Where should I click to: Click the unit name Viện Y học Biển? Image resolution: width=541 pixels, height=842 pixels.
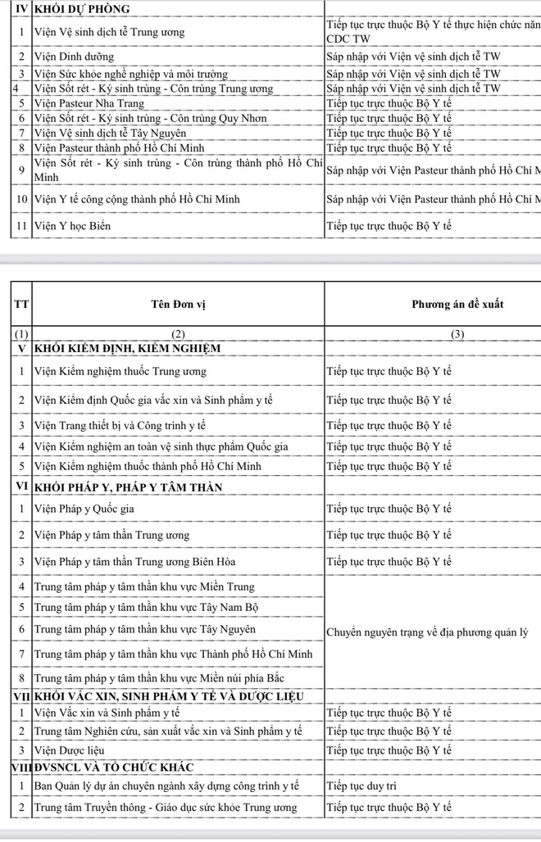click(x=72, y=225)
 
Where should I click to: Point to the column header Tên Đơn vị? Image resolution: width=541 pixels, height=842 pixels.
click(x=178, y=305)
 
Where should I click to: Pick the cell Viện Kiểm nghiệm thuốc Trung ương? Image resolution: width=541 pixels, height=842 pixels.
click(x=120, y=371)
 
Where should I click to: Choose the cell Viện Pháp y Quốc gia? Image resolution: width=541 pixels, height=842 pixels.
click(x=84, y=509)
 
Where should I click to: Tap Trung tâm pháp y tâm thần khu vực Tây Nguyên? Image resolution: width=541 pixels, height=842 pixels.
click(x=144, y=629)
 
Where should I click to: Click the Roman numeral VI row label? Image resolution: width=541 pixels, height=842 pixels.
click(x=21, y=487)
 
